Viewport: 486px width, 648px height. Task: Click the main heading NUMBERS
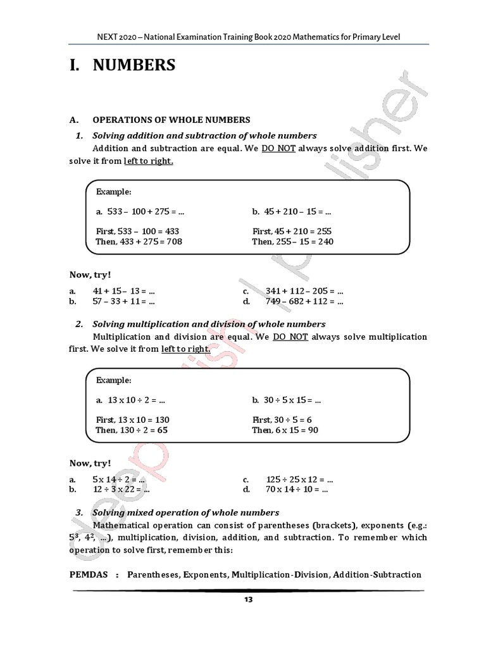[x=135, y=65]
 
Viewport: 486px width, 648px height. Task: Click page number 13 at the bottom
[x=248, y=600]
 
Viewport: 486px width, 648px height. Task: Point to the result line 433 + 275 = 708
[x=139, y=241]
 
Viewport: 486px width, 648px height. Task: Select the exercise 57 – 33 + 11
[x=124, y=301]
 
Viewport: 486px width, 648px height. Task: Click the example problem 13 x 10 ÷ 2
[x=130, y=400]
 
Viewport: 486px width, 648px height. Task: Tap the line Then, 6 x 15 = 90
[x=285, y=430]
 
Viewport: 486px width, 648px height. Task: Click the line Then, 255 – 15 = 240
[x=292, y=241]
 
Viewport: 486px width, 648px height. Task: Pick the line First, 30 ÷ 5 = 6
[x=282, y=420]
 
